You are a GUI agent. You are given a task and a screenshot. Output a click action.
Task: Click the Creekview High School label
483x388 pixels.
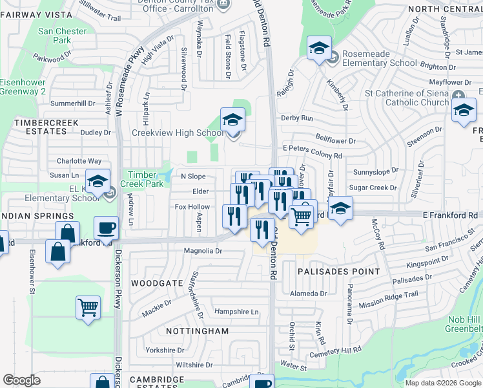pyautogui.click(x=178, y=133)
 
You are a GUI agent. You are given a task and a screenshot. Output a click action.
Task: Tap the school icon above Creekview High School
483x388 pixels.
pyautogui.click(x=232, y=120)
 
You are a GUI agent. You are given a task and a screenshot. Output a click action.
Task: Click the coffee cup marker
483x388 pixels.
pyautogui.click(x=106, y=228)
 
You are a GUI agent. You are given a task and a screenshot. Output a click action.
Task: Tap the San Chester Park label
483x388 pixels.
pyautogui.click(x=63, y=36)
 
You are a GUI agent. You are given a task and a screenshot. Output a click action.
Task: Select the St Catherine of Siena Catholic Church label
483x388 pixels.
pyautogui.click(x=407, y=98)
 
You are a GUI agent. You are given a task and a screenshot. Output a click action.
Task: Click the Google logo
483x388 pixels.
pyautogui.click(x=21, y=380)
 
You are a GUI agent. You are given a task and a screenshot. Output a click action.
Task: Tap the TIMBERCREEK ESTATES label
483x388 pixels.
pyautogui.click(x=46, y=127)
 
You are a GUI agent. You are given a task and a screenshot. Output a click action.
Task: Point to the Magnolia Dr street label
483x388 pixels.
pyautogui.click(x=203, y=251)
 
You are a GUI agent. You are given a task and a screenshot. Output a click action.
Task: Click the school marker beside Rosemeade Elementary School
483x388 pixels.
pyautogui.click(x=319, y=48)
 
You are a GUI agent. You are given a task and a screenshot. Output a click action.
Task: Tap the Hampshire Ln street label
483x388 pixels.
pyautogui.click(x=236, y=312)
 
